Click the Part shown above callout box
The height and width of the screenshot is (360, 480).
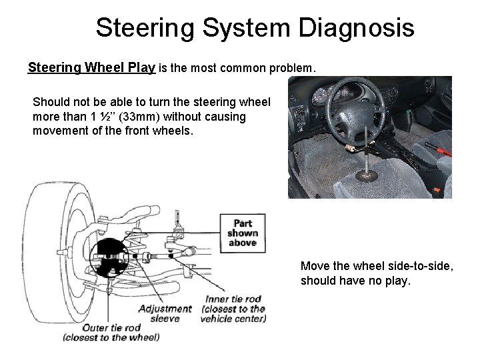tap(242, 233)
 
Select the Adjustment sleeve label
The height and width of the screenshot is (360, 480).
tap(165, 313)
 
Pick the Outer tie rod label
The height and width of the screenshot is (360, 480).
tap(111, 332)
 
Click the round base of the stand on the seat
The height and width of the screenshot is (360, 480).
tap(368, 177)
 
